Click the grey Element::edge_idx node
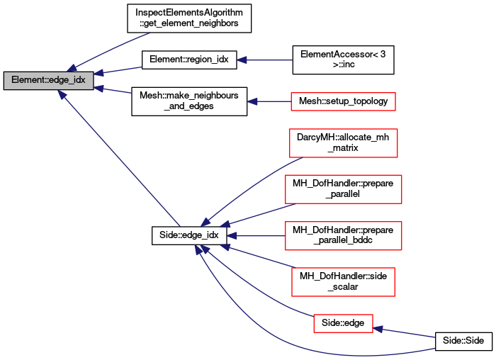click(48, 81)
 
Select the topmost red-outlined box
click(343, 102)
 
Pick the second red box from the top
click(343, 143)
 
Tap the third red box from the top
click(343, 189)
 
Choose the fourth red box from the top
click(343, 236)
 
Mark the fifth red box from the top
click(343, 282)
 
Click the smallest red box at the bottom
click(343, 324)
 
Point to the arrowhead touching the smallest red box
click(378, 329)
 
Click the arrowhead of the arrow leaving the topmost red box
click(252, 102)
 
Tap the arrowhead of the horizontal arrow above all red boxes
click(242, 60)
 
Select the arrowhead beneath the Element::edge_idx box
click(62, 94)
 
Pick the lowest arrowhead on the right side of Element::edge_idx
click(100, 88)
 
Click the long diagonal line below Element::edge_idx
click(120, 159)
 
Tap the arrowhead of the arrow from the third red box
click(225, 225)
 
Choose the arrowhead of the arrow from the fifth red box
click(225, 247)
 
